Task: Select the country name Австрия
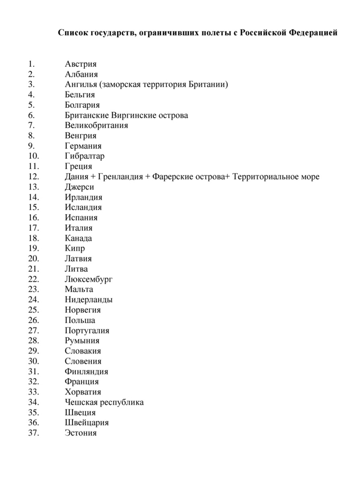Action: click(81, 64)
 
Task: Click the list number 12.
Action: click(34, 177)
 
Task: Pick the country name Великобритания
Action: click(97, 125)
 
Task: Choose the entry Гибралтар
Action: click(85, 156)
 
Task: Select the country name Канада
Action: click(79, 238)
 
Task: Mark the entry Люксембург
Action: click(89, 280)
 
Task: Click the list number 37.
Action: click(34, 433)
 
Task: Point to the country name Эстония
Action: click(81, 433)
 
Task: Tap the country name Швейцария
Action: click(87, 423)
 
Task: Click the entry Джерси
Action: click(79, 187)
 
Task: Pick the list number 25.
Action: click(34, 310)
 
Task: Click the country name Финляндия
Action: click(86, 371)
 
